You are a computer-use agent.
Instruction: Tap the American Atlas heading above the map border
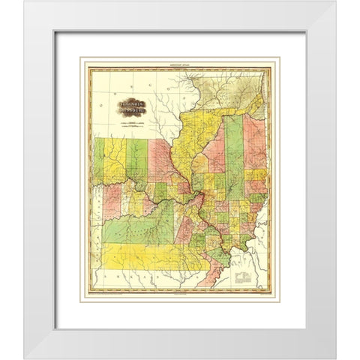180,64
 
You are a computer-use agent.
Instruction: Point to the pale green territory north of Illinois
225,90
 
